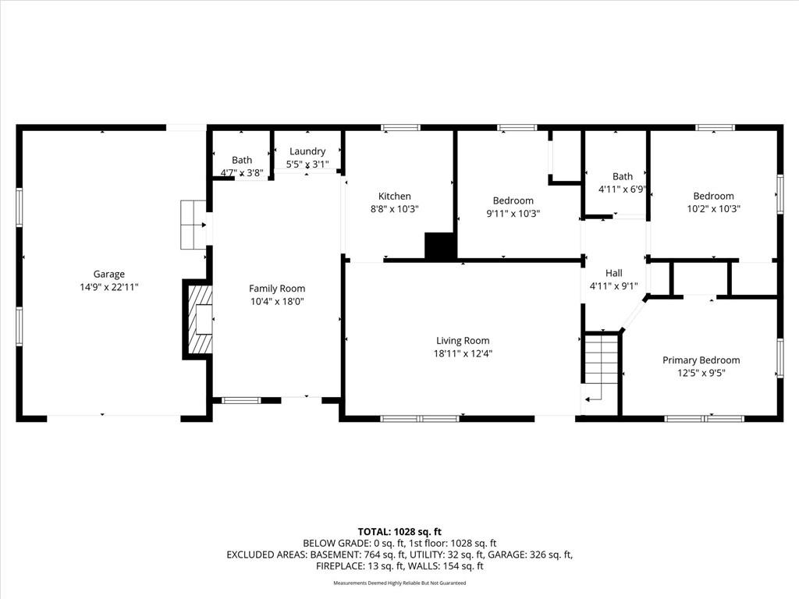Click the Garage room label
click(x=109, y=274)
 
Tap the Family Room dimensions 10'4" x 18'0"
click(x=277, y=301)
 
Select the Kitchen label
click(x=394, y=197)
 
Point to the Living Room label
click(x=463, y=340)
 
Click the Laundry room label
click(x=307, y=151)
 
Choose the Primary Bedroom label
click(x=701, y=360)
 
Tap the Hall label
click(x=614, y=273)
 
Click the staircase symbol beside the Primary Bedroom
click(x=601, y=366)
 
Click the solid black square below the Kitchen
click(x=440, y=246)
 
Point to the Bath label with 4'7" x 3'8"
click(x=241, y=160)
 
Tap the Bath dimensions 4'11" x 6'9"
click(x=622, y=189)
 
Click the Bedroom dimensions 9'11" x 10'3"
click(x=513, y=213)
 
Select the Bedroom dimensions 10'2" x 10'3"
click(x=713, y=208)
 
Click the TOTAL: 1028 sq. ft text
click(x=399, y=531)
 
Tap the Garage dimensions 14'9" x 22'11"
click(x=109, y=286)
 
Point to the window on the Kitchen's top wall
click(x=400, y=127)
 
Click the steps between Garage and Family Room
click(x=193, y=225)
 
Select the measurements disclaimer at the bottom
click(x=399, y=583)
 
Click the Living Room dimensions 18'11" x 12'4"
click(x=463, y=353)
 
